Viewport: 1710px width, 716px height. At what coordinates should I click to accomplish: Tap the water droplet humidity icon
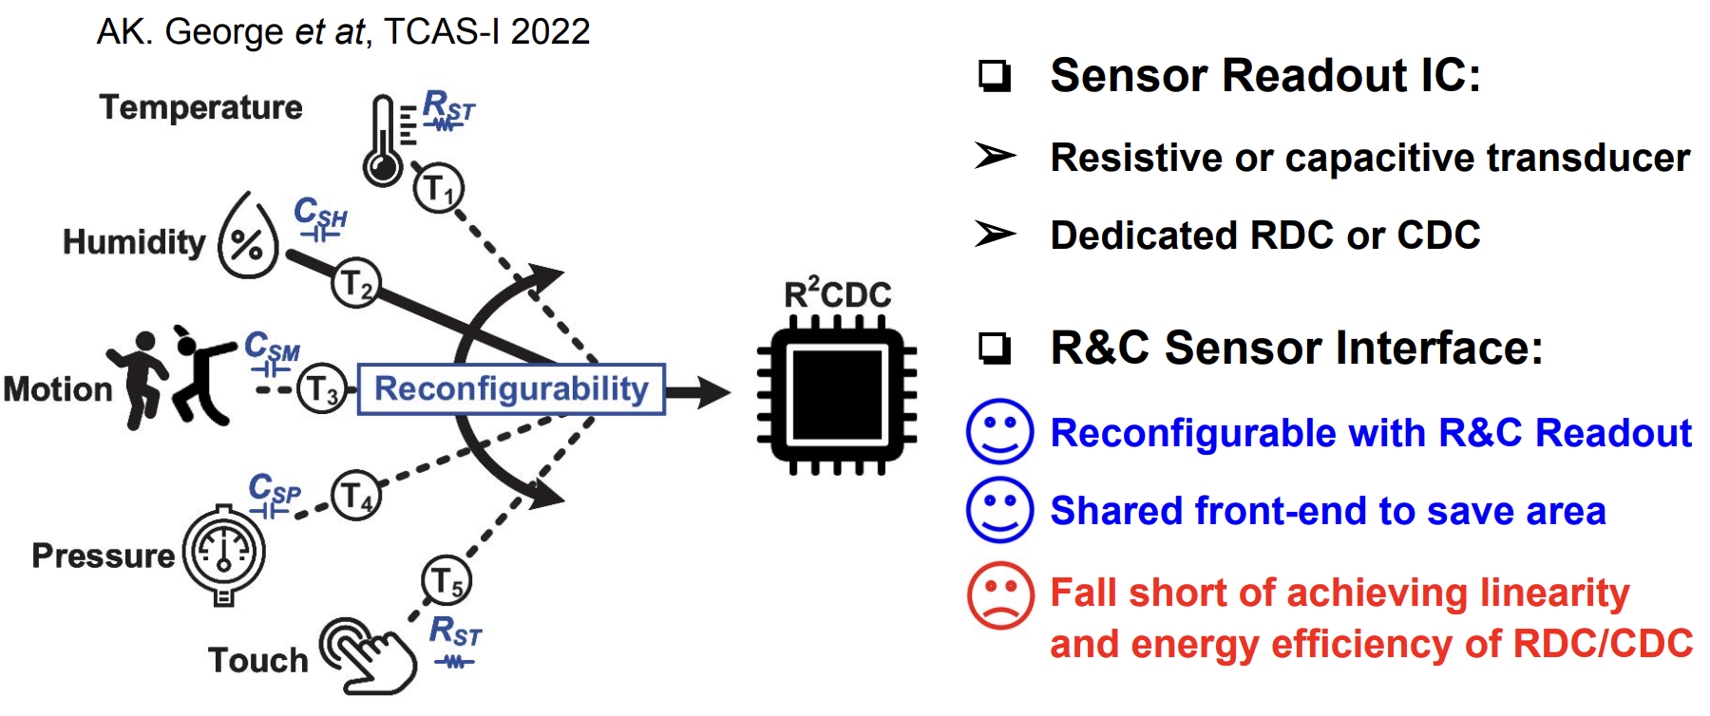(x=248, y=237)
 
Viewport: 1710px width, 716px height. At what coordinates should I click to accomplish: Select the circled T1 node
(x=438, y=188)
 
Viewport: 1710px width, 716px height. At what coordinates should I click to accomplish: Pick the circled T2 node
(x=355, y=283)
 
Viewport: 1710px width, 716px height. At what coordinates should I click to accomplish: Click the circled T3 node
(x=322, y=389)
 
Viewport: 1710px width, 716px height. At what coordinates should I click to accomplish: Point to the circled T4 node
(x=356, y=495)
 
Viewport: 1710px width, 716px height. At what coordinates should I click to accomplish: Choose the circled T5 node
(x=446, y=580)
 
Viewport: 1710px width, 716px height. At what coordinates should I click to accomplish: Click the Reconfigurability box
(x=511, y=389)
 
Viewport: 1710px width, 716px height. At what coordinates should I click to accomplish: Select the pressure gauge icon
(x=223, y=554)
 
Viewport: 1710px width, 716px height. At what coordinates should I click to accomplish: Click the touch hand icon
(x=369, y=655)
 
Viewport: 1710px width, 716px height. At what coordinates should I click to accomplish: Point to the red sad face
(x=999, y=595)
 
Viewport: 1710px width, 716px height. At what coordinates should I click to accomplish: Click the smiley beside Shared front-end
(x=999, y=510)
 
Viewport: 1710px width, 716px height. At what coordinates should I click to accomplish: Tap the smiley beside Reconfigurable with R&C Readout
(x=999, y=431)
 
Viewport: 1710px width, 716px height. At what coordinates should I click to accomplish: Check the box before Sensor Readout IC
(x=994, y=75)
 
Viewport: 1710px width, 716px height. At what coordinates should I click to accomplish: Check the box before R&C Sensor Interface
(x=994, y=348)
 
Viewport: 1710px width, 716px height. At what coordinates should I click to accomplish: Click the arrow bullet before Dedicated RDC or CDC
(x=995, y=234)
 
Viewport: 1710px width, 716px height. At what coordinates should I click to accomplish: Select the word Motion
(x=58, y=389)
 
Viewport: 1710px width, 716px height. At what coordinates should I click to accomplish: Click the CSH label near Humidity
(x=320, y=214)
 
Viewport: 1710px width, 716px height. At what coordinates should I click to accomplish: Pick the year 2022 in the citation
(x=550, y=32)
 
